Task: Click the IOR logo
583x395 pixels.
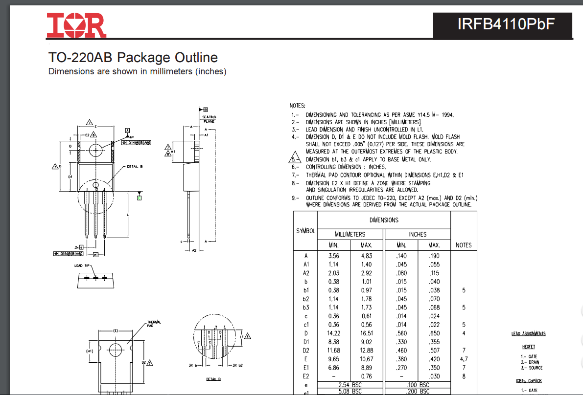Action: [76, 25]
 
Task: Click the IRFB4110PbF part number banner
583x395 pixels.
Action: [503, 24]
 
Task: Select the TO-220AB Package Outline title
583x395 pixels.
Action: [133, 57]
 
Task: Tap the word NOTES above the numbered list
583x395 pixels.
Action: [298, 106]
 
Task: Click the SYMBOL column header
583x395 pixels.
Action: [305, 231]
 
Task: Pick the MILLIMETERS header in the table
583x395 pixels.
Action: [350, 234]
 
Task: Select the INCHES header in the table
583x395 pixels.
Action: [418, 234]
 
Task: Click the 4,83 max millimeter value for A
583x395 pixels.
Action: [367, 256]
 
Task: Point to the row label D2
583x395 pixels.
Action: [306, 351]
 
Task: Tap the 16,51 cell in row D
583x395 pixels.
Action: [367, 333]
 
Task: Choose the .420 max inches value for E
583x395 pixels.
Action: [434, 359]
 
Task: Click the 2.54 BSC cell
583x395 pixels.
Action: [350, 385]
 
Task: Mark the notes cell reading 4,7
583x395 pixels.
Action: [464, 359]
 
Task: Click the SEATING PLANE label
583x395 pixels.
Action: [209, 119]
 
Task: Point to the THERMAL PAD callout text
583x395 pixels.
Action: [154, 324]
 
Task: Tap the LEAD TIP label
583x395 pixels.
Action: [82, 265]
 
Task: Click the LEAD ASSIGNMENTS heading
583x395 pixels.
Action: [528, 334]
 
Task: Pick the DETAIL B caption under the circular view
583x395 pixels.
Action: [213, 379]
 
